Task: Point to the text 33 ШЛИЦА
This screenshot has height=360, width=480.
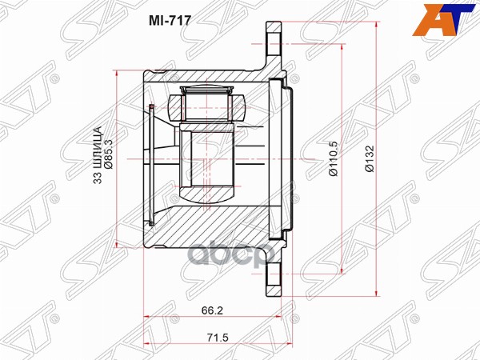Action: coord(97,156)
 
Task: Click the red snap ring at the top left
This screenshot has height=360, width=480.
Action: coord(150,106)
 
